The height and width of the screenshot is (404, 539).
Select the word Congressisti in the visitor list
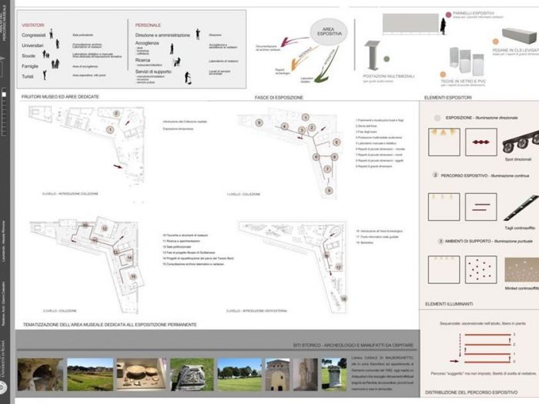point(34,35)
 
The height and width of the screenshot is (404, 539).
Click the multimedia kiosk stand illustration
point(373,54)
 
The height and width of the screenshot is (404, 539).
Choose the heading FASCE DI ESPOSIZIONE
point(279,98)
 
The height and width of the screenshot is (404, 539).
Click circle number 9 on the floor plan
point(329,190)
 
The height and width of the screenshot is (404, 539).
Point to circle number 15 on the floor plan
point(132,275)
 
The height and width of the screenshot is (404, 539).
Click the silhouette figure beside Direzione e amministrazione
point(198,34)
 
